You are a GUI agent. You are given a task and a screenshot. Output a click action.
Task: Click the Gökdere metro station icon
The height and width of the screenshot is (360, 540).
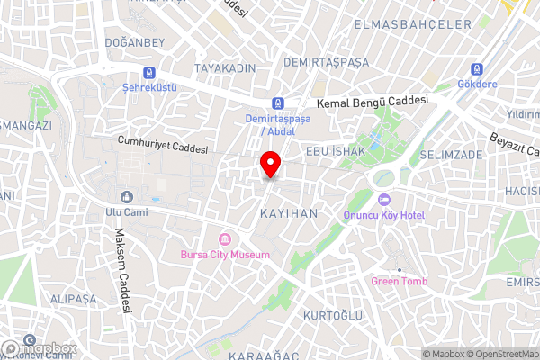click(475, 70)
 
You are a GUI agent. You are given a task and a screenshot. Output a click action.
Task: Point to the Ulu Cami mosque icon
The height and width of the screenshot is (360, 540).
click(126, 196)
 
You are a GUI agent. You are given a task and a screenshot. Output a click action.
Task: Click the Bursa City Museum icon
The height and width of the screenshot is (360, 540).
click(224, 240)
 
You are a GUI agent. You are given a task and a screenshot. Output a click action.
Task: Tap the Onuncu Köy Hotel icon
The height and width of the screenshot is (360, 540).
click(384, 199)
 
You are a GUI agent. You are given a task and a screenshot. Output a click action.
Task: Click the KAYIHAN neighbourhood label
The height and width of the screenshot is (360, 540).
click(289, 213)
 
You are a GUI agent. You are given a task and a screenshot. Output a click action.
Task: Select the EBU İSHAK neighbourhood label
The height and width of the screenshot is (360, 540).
click(335, 151)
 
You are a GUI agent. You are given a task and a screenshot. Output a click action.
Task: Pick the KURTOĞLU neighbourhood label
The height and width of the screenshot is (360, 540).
click(332, 316)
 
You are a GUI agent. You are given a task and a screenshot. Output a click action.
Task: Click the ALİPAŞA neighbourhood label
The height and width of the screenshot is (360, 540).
click(74, 298)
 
